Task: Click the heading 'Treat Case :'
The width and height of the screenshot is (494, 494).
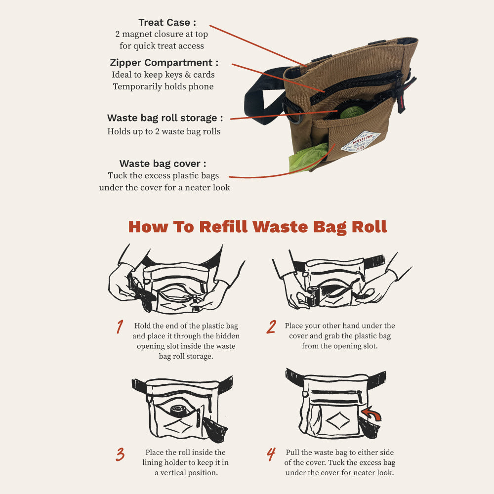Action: click(167, 22)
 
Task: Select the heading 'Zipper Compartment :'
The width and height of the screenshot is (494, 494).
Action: click(164, 63)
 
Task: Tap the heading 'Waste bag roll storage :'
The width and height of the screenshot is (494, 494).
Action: click(165, 118)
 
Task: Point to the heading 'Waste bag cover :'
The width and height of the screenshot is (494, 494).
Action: click(163, 164)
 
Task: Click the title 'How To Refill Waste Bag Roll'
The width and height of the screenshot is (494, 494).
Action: click(257, 227)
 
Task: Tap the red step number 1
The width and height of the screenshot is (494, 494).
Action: click(120, 327)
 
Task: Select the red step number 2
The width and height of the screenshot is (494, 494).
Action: click(271, 327)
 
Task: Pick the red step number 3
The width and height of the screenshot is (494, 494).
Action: click(120, 454)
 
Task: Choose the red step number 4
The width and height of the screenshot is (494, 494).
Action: click(271, 454)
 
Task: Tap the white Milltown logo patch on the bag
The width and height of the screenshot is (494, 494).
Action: click(361, 142)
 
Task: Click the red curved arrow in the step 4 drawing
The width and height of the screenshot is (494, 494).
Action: click(372, 413)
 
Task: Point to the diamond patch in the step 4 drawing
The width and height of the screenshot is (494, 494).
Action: click(338, 420)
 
